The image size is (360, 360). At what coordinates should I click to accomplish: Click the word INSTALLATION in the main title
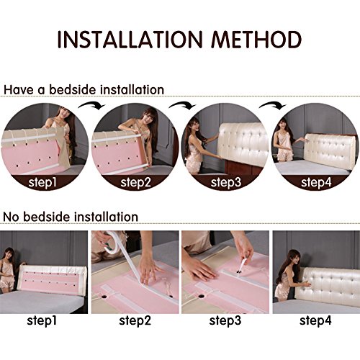click(x=130, y=40)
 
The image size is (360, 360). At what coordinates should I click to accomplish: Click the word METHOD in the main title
click(x=256, y=40)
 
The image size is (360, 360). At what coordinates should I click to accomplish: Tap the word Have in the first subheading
click(x=19, y=90)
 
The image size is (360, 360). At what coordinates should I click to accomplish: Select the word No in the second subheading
click(x=12, y=217)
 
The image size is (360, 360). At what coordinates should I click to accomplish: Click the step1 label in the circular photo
click(x=42, y=182)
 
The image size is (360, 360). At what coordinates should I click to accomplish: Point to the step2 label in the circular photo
click(x=135, y=182)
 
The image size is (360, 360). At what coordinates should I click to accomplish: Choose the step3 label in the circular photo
click(x=226, y=182)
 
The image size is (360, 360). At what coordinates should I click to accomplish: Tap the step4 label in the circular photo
click(x=316, y=182)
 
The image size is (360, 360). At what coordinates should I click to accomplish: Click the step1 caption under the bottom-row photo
click(x=42, y=320)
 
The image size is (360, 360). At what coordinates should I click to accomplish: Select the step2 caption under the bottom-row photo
click(x=135, y=320)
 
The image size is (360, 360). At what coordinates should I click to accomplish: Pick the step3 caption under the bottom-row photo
click(x=225, y=320)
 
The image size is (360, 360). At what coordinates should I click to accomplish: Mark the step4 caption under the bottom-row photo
click(x=315, y=320)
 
